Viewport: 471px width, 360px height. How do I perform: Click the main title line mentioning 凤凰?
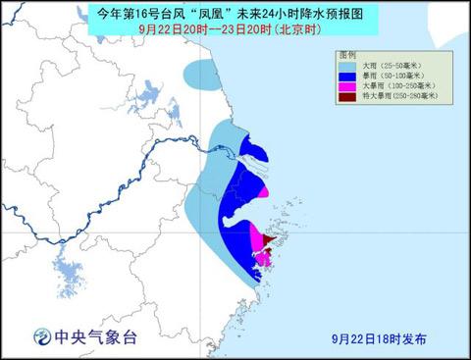(235, 14)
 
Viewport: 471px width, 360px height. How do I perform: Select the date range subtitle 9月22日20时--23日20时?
(235, 29)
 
